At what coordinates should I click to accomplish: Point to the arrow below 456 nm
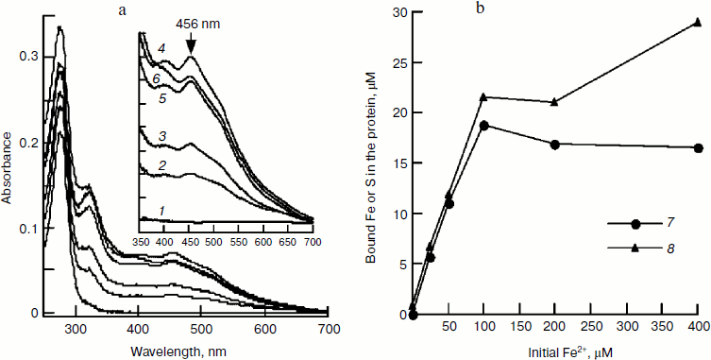192,43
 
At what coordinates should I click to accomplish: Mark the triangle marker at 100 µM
483,96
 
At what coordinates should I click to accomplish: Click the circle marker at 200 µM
554,145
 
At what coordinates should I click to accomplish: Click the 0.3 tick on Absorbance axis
30,58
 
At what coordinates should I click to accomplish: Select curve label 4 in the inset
161,48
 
